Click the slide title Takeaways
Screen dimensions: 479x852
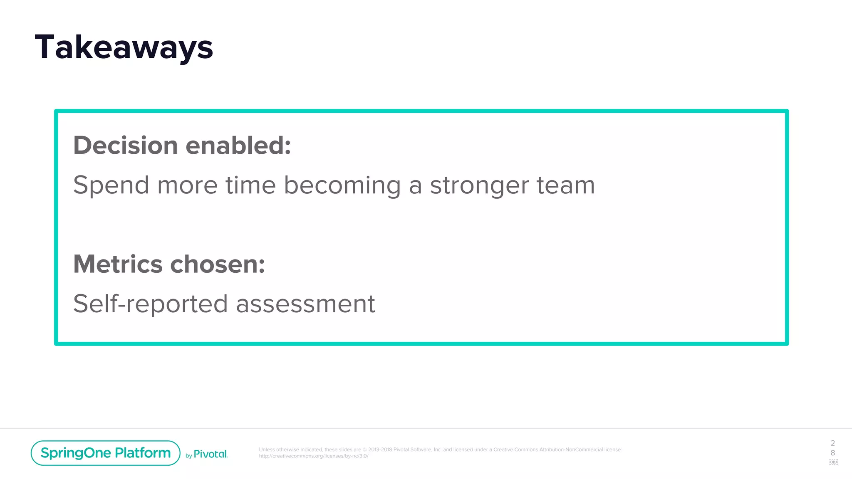124,47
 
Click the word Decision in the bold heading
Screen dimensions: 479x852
126,146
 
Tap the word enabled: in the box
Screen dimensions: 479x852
238,146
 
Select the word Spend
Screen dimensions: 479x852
111,185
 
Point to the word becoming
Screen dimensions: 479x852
342,185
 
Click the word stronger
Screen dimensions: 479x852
479,185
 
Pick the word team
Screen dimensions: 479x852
566,185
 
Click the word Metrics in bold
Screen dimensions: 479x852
118,264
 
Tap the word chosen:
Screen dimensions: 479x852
218,264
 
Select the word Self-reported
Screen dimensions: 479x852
150,304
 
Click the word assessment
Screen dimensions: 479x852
305,304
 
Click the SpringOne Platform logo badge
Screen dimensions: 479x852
105,453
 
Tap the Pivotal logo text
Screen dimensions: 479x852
211,454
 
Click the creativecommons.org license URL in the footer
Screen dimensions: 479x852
313,456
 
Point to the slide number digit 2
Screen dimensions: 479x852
832,443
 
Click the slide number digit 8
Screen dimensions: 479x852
832,453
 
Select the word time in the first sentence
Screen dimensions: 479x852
250,185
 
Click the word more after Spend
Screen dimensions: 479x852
187,185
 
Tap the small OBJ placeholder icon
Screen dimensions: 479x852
833,462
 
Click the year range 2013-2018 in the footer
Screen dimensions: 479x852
380,449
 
